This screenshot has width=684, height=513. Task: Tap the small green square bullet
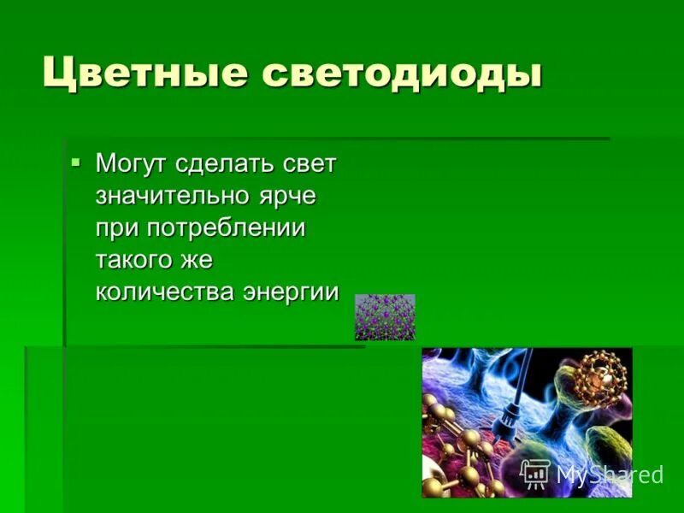point(76,161)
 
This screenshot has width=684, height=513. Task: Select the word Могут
point(133,164)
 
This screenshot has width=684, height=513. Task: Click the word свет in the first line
point(311,164)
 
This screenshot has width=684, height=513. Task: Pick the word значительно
point(172,196)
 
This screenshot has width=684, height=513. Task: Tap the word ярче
point(287,196)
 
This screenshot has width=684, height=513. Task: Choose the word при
point(117,228)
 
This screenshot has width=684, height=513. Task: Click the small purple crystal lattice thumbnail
point(385,317)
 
